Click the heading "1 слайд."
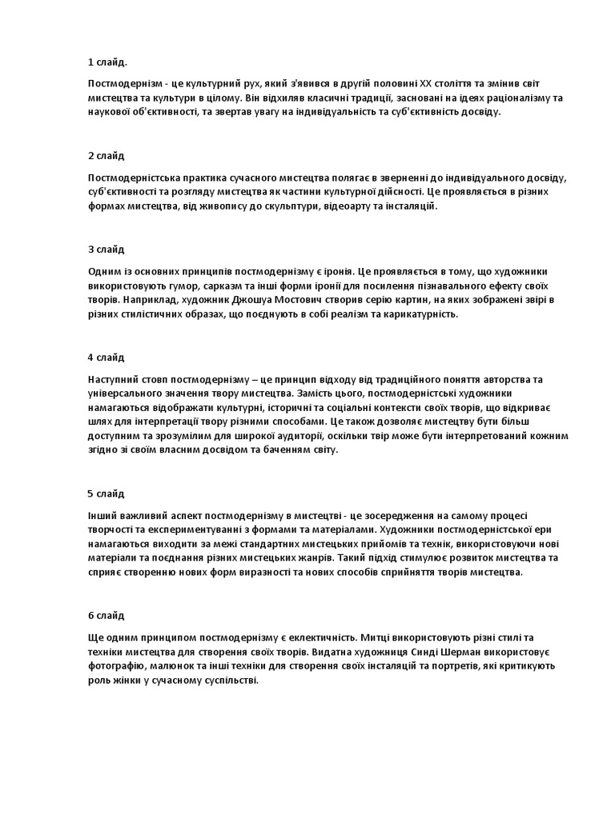[x=107, y=62]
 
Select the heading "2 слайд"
[x=106, y=155]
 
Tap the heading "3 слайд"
[x=106, y=250]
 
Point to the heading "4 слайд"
[x=106, y=357]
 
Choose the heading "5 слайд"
[x=106, y=493]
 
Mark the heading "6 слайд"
[x=106, y=615]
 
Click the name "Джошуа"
[x=240, y=300]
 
